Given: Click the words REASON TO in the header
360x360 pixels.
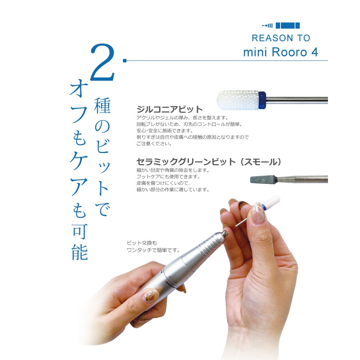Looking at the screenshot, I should click(x=281, y=38).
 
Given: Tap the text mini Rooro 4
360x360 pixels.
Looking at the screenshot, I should click(x=280, y=52).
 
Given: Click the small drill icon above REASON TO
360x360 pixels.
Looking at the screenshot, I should click(x=267, y=26).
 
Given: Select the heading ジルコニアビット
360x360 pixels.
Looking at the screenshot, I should click(x=170, y=109).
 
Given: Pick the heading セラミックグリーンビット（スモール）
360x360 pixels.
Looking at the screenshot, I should click(x=208, y=162).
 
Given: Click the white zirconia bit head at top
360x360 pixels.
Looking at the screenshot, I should click(x=238, y=100).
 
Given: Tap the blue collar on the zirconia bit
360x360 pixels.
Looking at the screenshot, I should click(x=262, y=100).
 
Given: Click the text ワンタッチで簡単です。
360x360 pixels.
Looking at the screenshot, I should click(x=153, y=249).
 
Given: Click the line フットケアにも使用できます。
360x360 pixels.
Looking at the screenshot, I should click(x=168, y=177).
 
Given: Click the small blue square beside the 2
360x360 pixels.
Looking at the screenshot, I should click(x=125, y=60).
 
